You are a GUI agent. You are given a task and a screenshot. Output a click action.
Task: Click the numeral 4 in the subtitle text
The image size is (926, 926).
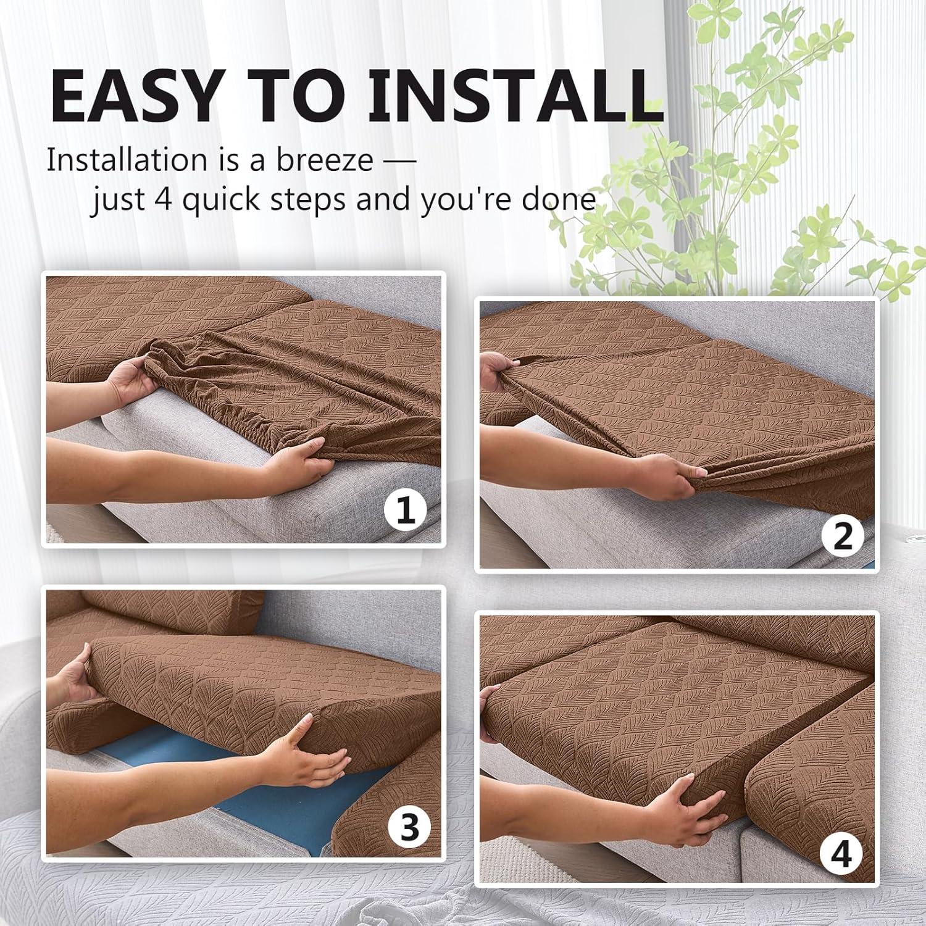coord(164,199)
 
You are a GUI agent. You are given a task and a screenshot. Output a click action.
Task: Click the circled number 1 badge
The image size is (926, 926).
coord(406,511)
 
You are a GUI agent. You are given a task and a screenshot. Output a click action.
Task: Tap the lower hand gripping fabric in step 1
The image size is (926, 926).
coord(290,460)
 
